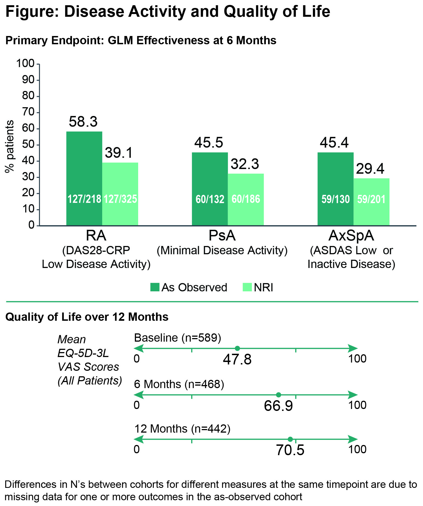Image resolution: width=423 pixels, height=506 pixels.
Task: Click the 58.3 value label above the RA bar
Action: (83, 121)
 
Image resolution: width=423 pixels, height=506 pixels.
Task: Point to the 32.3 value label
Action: (245, 164)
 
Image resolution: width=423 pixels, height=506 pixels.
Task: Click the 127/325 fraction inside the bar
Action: (120, 199)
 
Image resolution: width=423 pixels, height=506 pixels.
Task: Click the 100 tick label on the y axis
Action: (25, 63)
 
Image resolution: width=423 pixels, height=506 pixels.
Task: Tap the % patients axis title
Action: (10, 146)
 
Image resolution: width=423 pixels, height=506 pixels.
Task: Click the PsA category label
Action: (222, 236)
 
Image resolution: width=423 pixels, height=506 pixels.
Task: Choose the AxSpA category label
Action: (351, 236)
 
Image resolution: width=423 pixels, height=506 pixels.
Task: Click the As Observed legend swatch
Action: (155, 287)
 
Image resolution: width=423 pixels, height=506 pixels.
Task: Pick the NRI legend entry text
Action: (263, 287)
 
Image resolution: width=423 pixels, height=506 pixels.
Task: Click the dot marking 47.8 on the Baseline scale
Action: (238, 349)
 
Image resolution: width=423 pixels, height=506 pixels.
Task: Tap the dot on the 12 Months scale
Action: (290, 439)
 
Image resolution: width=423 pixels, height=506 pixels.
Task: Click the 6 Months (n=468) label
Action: (179, 384)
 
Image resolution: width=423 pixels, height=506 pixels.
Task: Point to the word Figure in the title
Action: (32, 12)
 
